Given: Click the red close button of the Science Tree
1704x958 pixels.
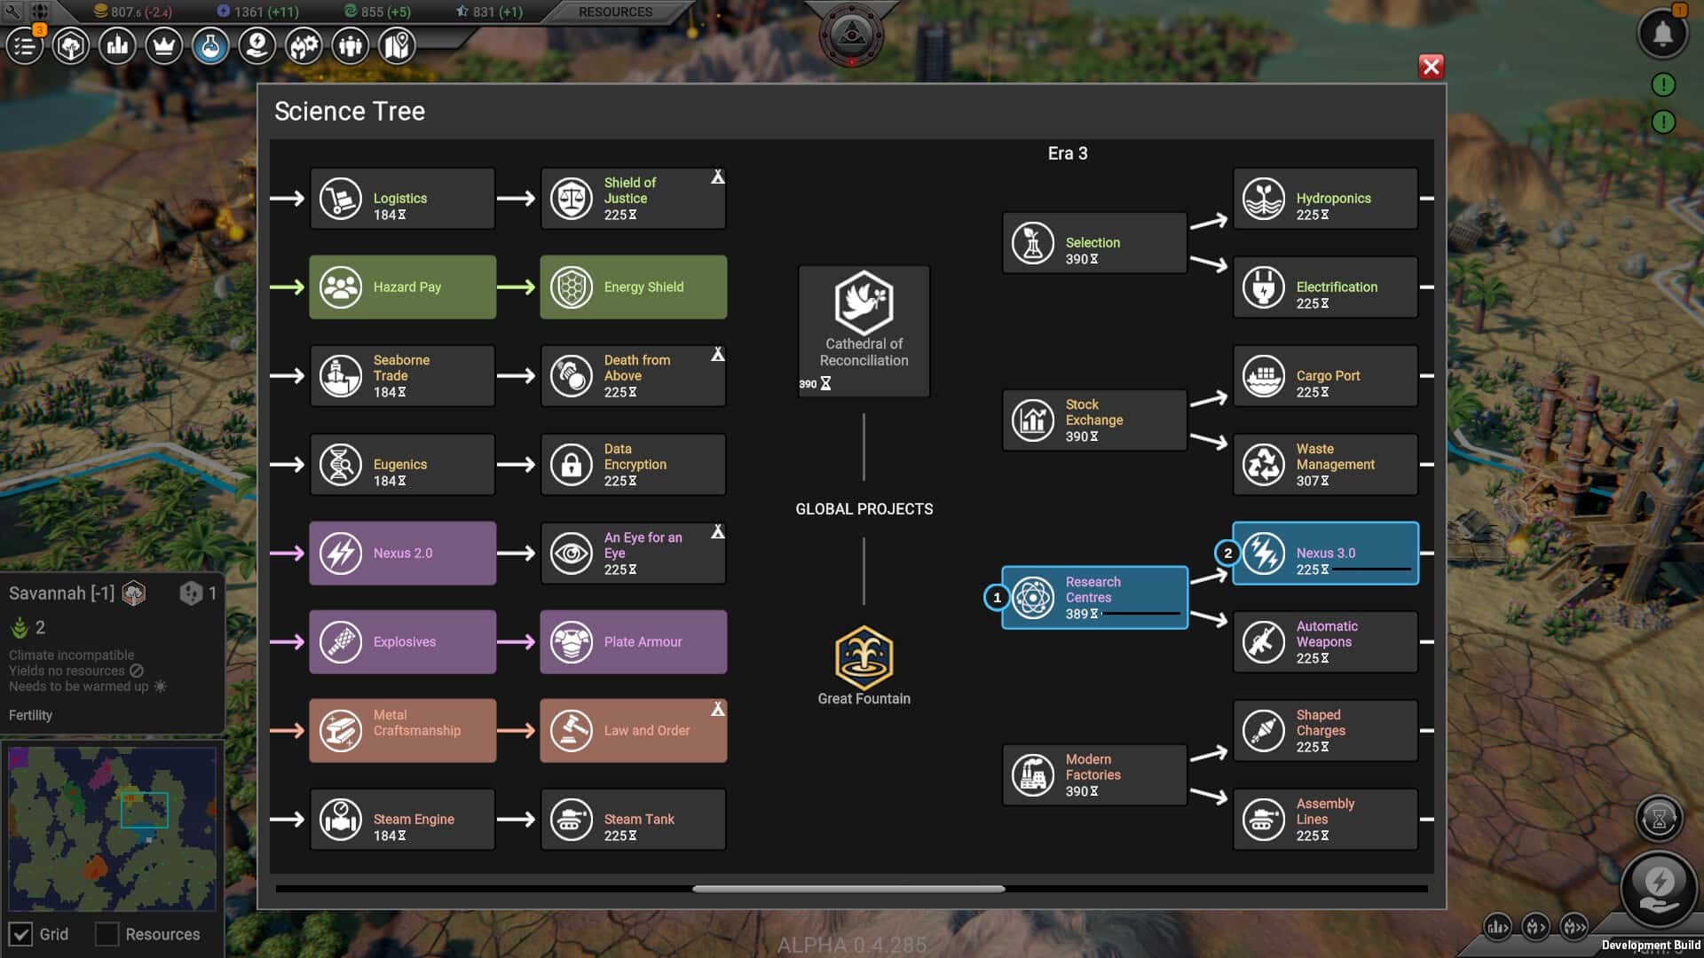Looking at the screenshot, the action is (x=1431, y=67).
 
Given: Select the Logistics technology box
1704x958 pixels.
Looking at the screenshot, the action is (x=402, y=199).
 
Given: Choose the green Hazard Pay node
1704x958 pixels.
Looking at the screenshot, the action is (x=402, y=287).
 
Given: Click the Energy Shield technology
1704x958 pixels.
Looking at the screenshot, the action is (x=633, y=287).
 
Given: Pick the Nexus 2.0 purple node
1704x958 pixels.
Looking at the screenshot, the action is (x=402, y=554).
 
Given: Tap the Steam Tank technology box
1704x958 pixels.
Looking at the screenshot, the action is (x=633, y=820).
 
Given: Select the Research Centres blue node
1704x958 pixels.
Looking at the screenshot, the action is (x=1094, y=598).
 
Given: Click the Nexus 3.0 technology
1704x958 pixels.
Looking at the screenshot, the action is (x=1325, y=554).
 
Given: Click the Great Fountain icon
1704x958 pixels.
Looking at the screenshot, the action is (x=864, y=657).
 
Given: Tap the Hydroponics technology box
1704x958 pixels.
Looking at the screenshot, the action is (x=1325, y=199).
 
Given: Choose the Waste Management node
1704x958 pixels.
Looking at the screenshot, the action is (x=1325, y=465).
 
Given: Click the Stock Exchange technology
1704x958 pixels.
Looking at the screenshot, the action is (x=1094, y=420).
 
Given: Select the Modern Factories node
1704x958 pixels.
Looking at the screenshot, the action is (x=1094, y=775).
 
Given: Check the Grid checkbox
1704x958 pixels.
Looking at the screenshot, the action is (x=20, y=934).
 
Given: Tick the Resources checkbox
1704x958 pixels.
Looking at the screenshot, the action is (x=106, y=934).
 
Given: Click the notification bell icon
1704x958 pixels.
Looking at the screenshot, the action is (x=1662, y=34).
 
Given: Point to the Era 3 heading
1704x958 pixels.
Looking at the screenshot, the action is (x=1068, y=153).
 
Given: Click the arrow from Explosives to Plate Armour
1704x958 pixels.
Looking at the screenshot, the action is (x=516, y=641).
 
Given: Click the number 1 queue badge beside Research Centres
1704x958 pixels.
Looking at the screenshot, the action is (x=997, y=598).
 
